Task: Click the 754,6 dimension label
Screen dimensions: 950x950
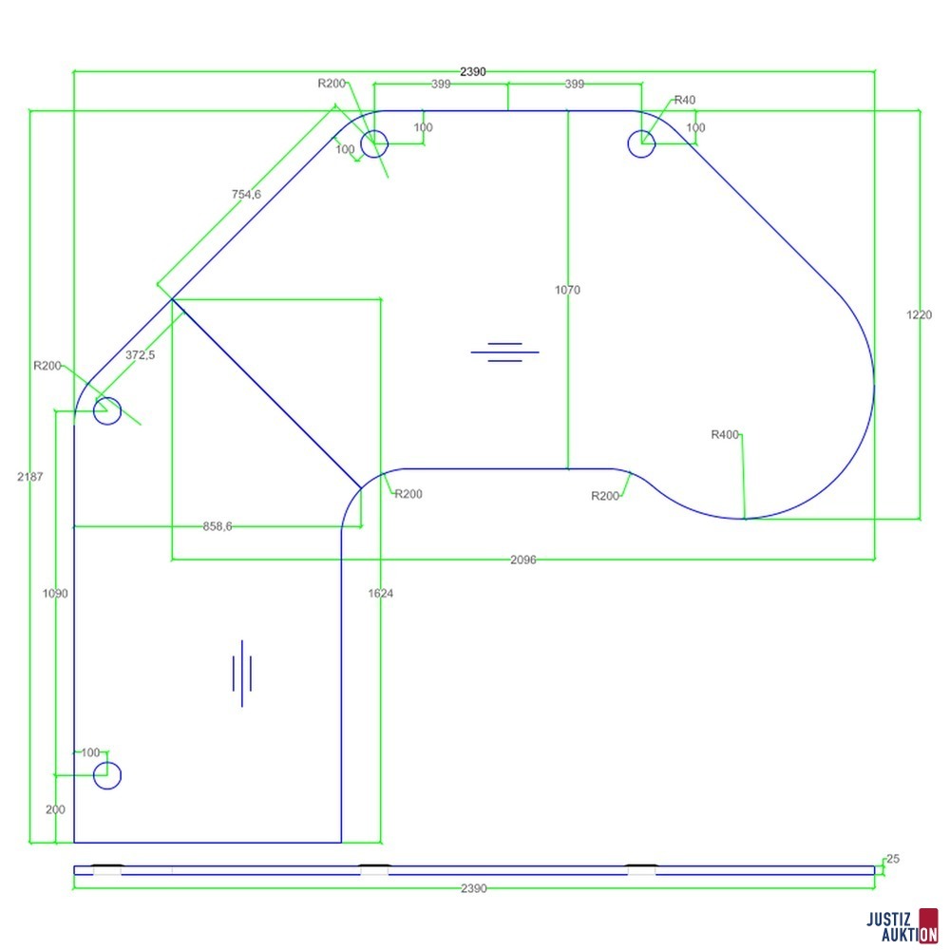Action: pos(246,195)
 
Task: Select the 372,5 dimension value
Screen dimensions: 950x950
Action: pos(140,355)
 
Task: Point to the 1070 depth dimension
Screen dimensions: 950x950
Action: pos(567,290)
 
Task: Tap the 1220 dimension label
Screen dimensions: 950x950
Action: pos(919,314)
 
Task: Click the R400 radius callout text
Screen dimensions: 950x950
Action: pos(725,434)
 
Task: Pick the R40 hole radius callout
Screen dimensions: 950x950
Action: pos(685,100)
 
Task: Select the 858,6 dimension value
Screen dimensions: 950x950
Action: pos(218,526)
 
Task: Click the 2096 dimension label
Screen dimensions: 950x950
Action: pos(522,560)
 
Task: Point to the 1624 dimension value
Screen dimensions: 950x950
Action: pos(381,593)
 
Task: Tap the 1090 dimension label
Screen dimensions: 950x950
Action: pos(55,593)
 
